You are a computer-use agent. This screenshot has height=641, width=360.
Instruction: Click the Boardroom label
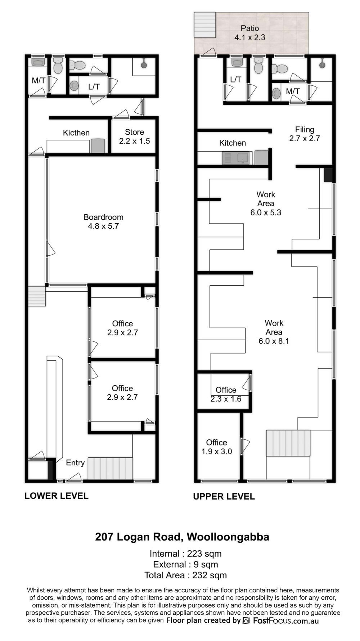[x=103, y=221]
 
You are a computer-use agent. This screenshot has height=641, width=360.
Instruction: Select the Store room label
[x=134, y=136]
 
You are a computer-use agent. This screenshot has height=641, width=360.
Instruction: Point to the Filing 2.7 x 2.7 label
[x=305, y=134]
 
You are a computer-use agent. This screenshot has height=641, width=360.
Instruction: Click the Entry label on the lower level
[x=75, y=463]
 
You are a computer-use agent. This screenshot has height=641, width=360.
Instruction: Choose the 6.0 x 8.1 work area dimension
[x=274, y=341]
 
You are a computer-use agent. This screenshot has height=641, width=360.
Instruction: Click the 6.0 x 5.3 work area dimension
[x=266, y=212]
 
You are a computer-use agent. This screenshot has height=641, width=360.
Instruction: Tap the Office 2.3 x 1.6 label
[x=226, y=394]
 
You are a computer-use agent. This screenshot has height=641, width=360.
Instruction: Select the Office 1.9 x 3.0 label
[x=216, y=447]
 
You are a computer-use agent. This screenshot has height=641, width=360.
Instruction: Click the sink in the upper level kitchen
[x=236, y=157]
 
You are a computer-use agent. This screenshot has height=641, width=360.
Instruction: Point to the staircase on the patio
[x=205, y=24]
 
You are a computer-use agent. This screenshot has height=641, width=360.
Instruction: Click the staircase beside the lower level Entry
[x=110, y=469]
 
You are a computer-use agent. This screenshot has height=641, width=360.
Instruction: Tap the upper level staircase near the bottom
[x=288, y=443]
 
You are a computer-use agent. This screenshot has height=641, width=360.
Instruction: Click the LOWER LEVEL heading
[x=56, y=496]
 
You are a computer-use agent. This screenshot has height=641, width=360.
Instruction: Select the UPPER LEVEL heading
[x=224, y=497]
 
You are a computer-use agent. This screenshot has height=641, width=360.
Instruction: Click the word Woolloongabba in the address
[x=228, y=537]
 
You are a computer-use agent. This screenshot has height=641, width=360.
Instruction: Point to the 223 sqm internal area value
[x=204, y=553]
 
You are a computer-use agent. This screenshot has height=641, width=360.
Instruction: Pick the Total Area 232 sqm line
[x=185, y=575]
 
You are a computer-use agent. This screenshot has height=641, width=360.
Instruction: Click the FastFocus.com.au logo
[x=281, y=620]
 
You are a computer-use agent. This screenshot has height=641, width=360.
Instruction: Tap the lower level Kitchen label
[x=76, y=133]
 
